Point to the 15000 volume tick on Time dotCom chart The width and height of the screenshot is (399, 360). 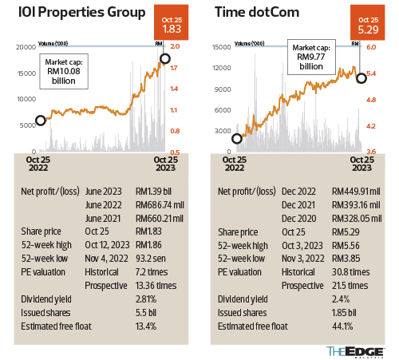222,48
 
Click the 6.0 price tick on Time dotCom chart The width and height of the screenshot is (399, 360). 371,48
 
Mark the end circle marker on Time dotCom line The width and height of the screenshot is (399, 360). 361,77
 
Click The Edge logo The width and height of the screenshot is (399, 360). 358,350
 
